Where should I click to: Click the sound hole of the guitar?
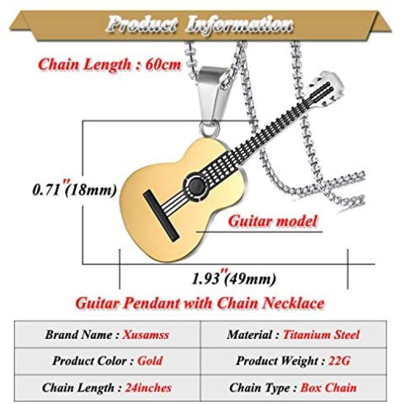pyautogui.click(x=196, y=185)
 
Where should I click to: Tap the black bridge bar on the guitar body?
pyautogui.click(x=161, y=216)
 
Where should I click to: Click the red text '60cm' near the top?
pyautogui.click(x=163, y=65)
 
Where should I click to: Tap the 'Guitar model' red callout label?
pyautogui.click(x=273, y=221)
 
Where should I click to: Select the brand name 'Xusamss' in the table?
pyautogui.click(x=146, y=335)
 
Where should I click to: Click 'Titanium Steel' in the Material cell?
pyautogui.click(x=321, y=335)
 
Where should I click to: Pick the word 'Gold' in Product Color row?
pyautogui.click(x=150, y=361)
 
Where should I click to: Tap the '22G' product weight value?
pyautogui.click(x=339, y=361)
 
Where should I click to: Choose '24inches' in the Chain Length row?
pyautogui.click(x=148, y=387)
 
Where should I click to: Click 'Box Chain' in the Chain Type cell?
pyautogui.click(x=329, y=387)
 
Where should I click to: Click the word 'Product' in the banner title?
pyautogui.click(x=142, y=24)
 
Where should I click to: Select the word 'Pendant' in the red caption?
pyautogui.click(x=151, y=303)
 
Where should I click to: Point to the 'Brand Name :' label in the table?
pyautogui.click(x=82, y=335)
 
